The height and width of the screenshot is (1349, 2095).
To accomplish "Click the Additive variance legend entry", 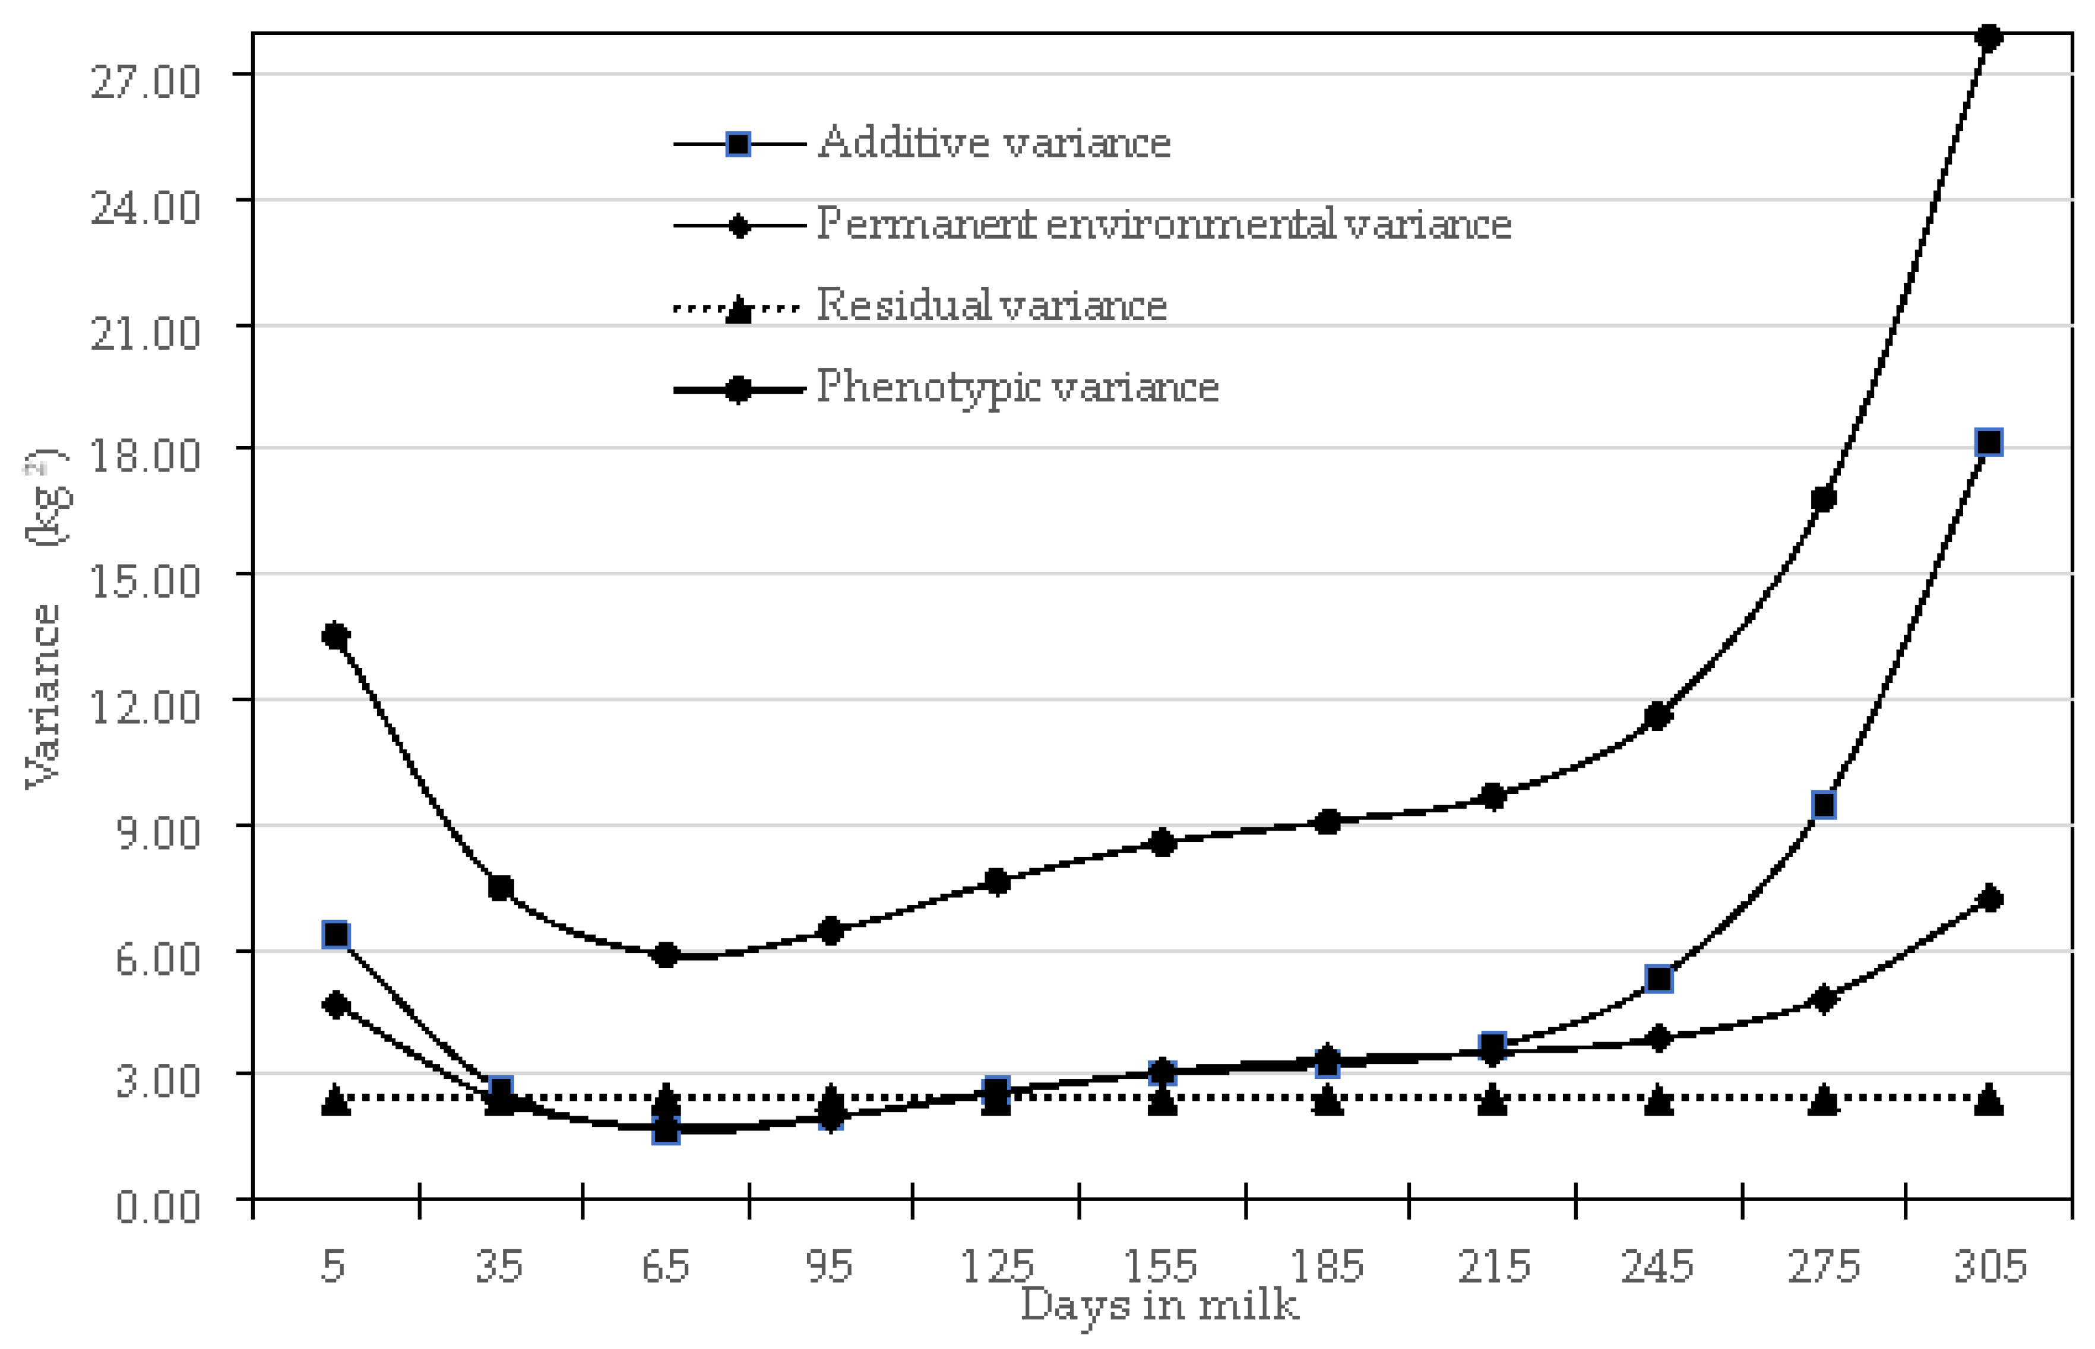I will pos(993,142).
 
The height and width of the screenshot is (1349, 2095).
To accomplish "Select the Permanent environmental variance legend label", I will pos(1163,224).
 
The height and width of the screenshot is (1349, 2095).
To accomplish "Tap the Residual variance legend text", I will pos(992,306).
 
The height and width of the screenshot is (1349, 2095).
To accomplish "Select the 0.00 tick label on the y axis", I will pos(157,1206).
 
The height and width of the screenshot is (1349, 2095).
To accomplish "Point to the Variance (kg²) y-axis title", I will pos(44,617).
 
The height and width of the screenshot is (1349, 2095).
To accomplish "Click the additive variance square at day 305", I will pos(1989,442).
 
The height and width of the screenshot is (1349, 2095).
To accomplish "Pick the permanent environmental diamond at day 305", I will pos(1990,899).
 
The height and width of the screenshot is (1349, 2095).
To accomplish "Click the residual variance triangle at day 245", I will pos(1658,1100).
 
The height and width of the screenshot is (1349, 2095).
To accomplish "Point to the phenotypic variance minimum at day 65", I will pos(666,955).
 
